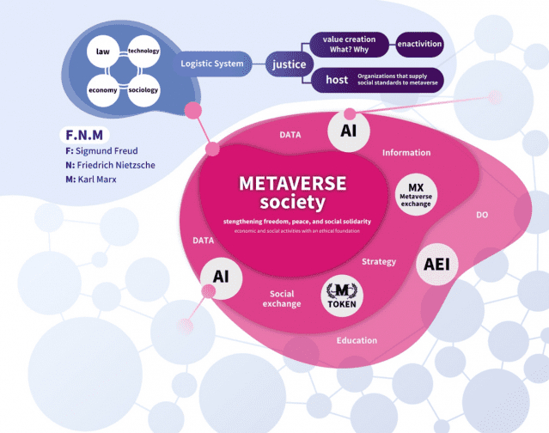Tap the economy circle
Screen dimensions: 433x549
103,90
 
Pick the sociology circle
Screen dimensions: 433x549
143,90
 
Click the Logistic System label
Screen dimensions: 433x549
210,64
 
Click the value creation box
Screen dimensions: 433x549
344,45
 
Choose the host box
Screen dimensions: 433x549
337,80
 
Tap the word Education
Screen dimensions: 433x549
357,340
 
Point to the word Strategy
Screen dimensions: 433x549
379,261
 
